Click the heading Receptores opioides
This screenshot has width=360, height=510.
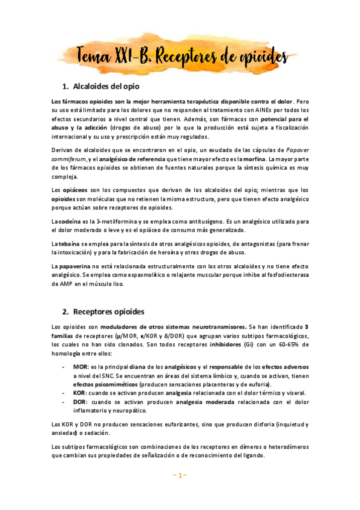tap(112, 312)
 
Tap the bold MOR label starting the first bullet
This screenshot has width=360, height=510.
tap(80, 366)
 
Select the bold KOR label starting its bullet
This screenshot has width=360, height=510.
tap(80, 392)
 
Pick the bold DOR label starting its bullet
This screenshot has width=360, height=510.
tap(80, 401)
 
